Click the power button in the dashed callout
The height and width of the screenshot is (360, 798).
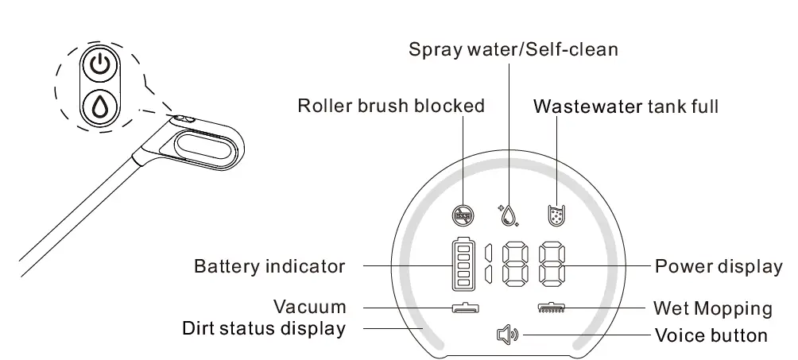(x=99, y=66)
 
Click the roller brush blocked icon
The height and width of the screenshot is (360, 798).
(x=463, y=214)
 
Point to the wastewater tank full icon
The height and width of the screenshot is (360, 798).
(x=556, y=214)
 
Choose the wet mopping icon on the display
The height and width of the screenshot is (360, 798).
(x=550, y=308)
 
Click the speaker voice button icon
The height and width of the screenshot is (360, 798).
(x=506, y=335)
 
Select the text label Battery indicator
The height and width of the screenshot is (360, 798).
(x=269, y=266)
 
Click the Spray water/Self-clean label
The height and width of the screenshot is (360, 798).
(x=513, y=49)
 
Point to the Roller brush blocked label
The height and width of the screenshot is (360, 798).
(x=391, y=106)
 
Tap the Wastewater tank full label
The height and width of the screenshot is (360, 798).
(x=626, y=106)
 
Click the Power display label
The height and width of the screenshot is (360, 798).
(x=719, y=266)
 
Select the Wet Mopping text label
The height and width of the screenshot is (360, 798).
(x=712, y=308)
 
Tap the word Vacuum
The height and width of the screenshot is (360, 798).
(x=310, y=307)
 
